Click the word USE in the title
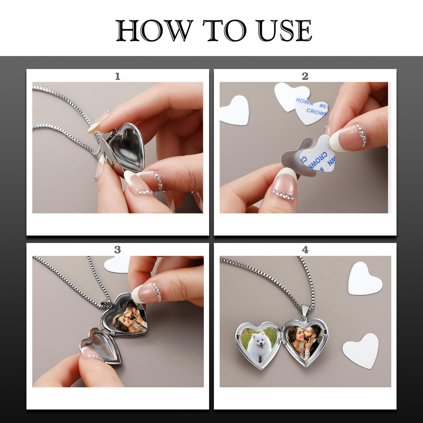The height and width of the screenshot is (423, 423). (x=284, y=31)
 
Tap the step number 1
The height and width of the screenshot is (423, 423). (x=117, y=76)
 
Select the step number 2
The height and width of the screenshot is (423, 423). (x=305, y=76)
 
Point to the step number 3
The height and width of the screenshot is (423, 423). (x=117, y=249)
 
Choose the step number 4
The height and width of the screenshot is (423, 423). (x=305, y=249)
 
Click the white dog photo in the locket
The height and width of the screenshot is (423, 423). (x=259, y=343)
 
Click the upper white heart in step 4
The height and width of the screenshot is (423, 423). (x=364, y=278)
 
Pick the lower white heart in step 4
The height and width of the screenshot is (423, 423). (x=362, y=350)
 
